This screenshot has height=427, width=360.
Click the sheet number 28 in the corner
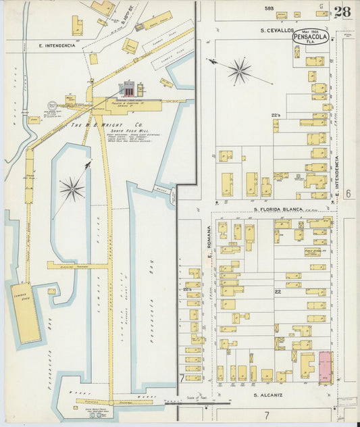point(342,11)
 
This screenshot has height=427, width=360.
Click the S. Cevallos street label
point(277,30)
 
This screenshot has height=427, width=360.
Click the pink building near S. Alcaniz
point(325,366)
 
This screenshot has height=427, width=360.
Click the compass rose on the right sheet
point(238,70)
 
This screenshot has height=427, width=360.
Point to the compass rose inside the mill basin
point(72,189)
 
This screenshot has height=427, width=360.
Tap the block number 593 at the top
point(269,8)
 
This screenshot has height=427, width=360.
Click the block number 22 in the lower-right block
point(277,291)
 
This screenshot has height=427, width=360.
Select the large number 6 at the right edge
point(348,193)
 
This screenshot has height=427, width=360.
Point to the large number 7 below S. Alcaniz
point(267,413)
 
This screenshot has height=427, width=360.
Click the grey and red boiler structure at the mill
point(127,88)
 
